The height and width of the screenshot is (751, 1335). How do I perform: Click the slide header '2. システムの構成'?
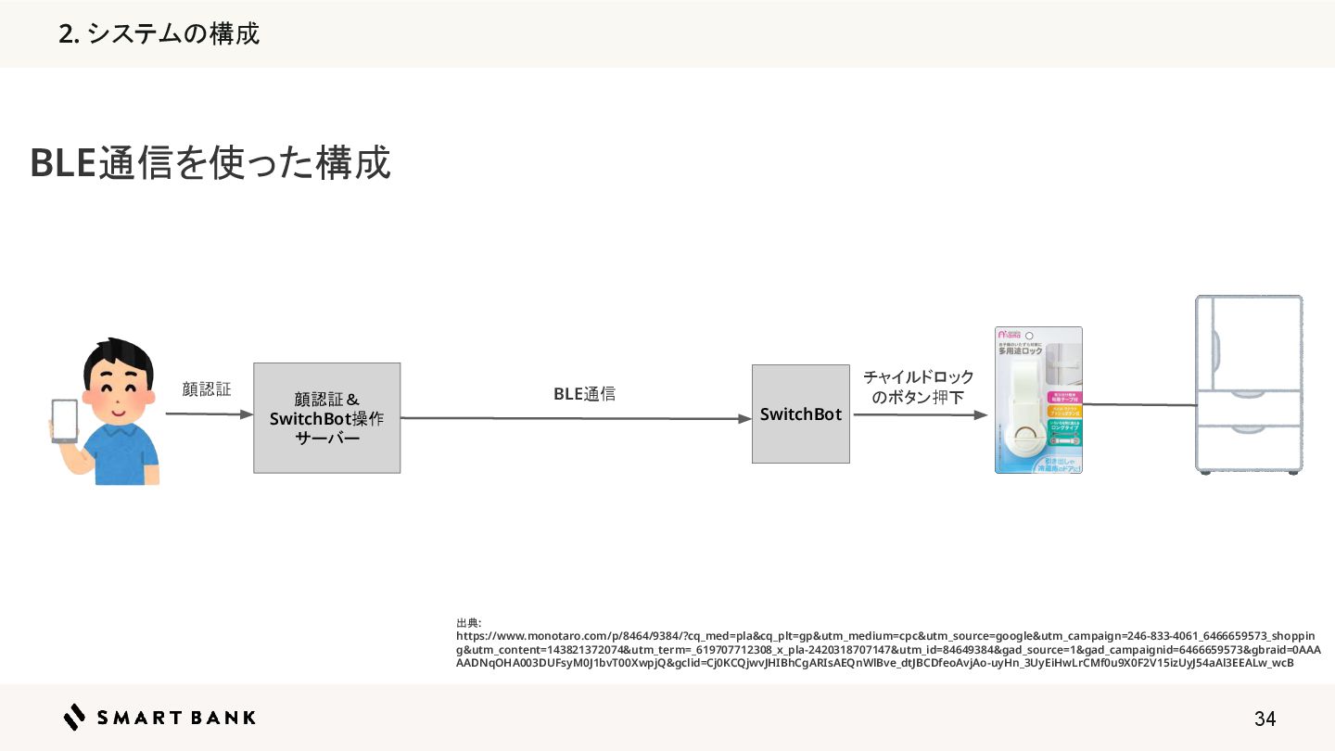[159, 34]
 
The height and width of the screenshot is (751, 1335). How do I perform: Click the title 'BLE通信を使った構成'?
[210, 163]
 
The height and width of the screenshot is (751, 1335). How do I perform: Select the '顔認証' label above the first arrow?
[207, 389]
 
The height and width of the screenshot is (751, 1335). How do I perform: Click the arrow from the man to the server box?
[209, 414]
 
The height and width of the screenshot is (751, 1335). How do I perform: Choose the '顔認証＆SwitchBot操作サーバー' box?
[326, 418]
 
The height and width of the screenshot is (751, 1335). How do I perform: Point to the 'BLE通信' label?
[584, 394]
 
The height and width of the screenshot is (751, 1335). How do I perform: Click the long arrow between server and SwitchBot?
[575, 418]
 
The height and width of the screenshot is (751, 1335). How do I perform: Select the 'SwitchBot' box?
[800, 414]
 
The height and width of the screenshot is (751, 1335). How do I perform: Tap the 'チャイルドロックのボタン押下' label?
[918, 388]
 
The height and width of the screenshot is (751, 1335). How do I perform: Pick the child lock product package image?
[1038, 400]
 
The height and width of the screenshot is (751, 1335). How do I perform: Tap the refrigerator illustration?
[1248, 385]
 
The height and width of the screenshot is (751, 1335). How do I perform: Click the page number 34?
[1265, 719]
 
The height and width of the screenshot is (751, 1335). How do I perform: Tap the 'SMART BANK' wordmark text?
[176, 718]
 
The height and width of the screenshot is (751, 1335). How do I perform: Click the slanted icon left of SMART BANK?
[75, 718]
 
